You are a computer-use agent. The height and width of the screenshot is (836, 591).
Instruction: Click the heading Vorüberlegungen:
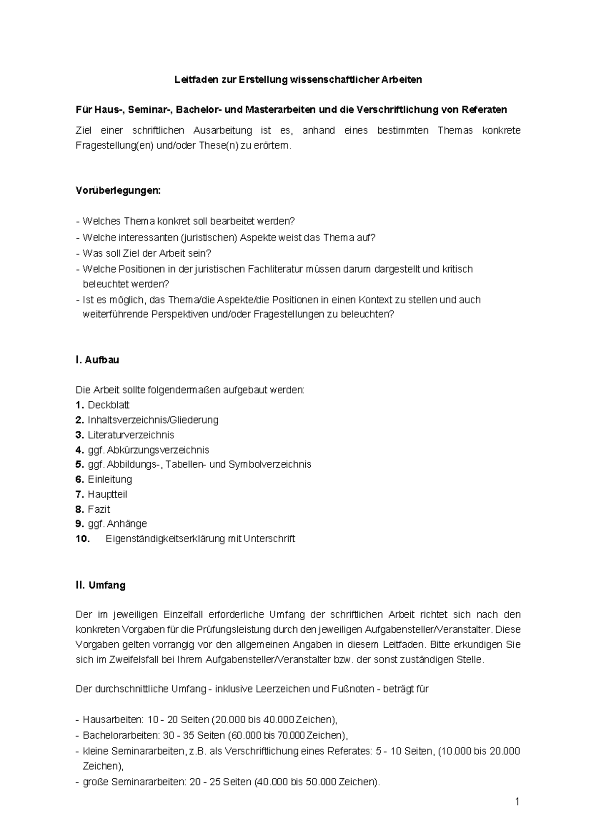(118, 191)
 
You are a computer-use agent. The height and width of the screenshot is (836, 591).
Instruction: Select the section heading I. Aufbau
(98, 360)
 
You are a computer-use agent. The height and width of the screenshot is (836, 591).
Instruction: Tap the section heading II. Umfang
(100, 585)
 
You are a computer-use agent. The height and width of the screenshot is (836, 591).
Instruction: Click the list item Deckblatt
(108, 405)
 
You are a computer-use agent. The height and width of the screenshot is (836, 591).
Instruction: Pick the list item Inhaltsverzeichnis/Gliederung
(153, 420)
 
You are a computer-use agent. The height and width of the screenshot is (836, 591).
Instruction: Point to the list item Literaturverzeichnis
(131, 435)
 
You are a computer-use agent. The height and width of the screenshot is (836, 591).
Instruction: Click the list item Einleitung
(110, 479)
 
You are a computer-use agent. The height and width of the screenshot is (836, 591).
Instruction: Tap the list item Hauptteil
(107, 494)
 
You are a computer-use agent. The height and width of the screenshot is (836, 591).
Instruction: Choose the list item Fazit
(99, 509)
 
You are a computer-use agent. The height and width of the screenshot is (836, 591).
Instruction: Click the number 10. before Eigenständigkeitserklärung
(83, 539)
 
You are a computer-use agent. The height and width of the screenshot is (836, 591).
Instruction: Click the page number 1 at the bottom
(517, 802)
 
